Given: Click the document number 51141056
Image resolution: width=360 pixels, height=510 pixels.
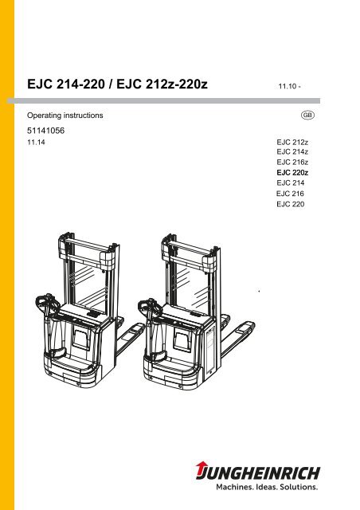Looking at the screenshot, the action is point(46,131).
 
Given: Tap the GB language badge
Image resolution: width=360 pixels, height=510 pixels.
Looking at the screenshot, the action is point(307,115).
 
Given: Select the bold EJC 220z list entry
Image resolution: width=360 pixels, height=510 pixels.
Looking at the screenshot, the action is point(292,172).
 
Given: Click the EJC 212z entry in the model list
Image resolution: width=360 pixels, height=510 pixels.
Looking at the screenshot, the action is point(292,142).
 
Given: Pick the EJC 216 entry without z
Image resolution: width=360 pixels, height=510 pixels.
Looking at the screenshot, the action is point(290,194).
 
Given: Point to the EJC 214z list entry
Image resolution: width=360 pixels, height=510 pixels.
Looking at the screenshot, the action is point(292,152).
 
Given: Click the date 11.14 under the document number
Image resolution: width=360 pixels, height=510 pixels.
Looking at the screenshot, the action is point(36,142).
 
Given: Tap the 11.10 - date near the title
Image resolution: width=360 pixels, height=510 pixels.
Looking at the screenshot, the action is point(289,86).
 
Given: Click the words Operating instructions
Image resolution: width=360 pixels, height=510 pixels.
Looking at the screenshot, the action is point(65,116).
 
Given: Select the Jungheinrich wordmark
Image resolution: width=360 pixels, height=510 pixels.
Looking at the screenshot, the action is point(258,473).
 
